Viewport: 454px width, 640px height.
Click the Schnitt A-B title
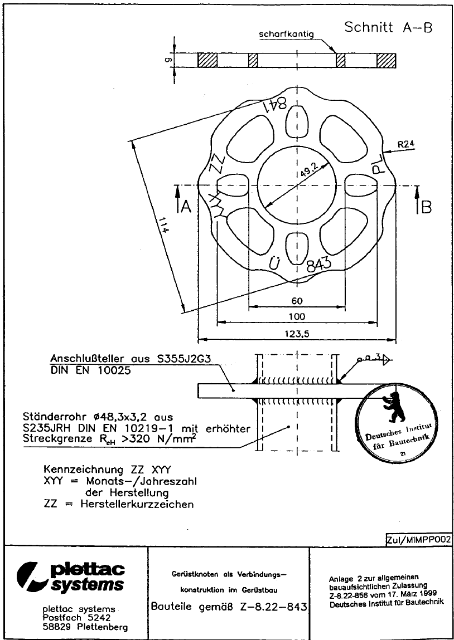pyautogui.click(x=388, y=28)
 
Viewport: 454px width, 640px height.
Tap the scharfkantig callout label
pyautogui.click(x=286, y=35)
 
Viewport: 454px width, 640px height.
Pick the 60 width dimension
pyautogui.click(x=297, y=301)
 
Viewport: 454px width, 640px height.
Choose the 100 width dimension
pyautogui.click(x=297, y=316)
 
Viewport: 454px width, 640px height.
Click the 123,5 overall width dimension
pyautogui.click(x=297, y=333)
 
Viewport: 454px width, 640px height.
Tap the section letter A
pyautogui.click(x=186, y=207)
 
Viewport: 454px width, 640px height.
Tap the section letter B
pyautogui.click(x=426, y=207)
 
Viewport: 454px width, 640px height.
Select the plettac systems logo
pyautogui.click(x=73, y=577)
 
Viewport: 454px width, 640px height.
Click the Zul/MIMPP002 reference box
pyautogui.click(x=418, y=539)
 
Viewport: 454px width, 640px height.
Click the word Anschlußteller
pyautogui.click(x=86, y=359)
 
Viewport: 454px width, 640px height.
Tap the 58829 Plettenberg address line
pyautogui.click(x=85, y=627)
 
